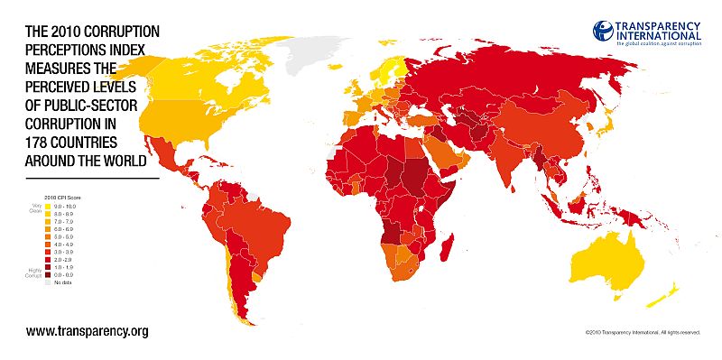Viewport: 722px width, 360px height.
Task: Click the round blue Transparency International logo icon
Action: click(603, 30)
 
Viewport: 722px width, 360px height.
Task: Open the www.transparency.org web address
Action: click(87, 331)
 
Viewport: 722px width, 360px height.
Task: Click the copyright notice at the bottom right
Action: click(642, 332)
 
